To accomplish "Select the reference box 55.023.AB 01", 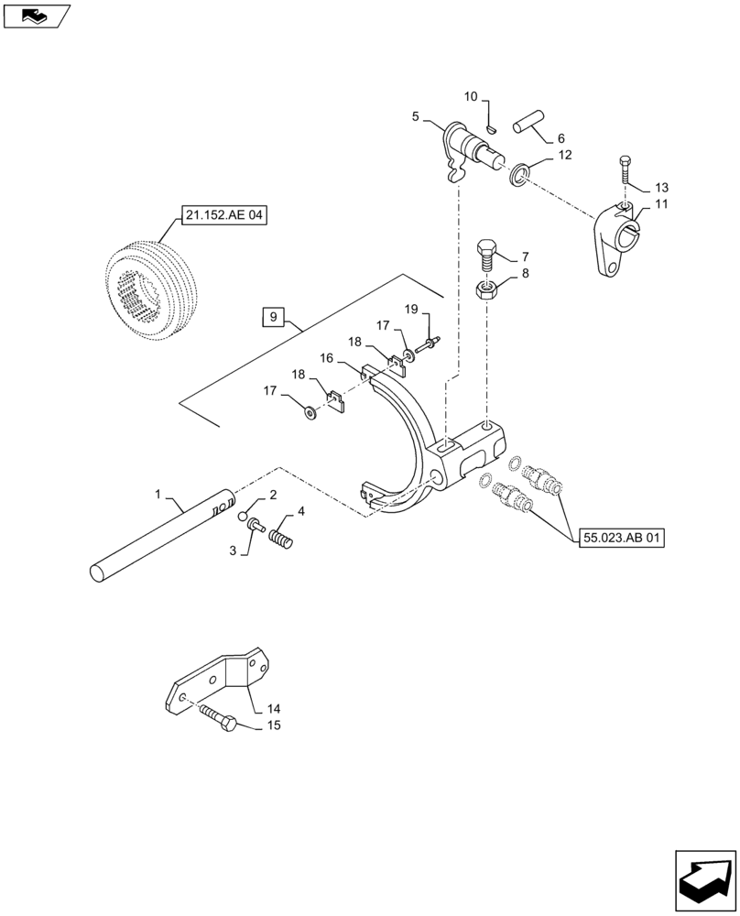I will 621,538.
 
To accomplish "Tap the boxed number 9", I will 272,318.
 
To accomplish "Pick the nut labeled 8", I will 486,291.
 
